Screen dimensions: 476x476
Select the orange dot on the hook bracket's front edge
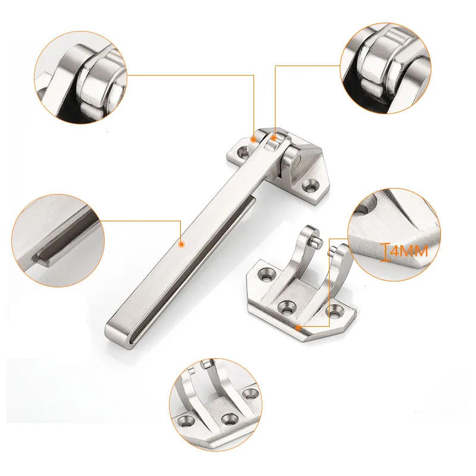297,326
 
